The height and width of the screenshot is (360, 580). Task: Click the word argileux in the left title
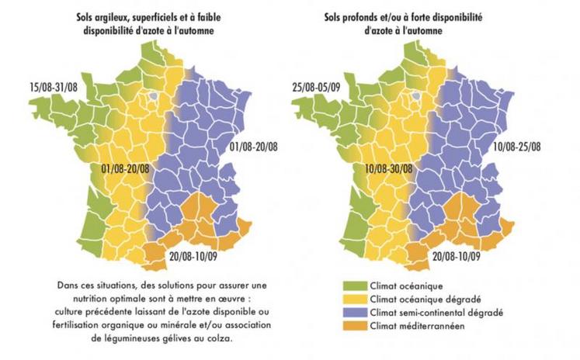pos(118,17)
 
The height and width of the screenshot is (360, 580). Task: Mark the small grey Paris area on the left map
pos(155,96)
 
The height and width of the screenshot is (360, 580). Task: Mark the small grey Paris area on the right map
pos(419,96)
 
